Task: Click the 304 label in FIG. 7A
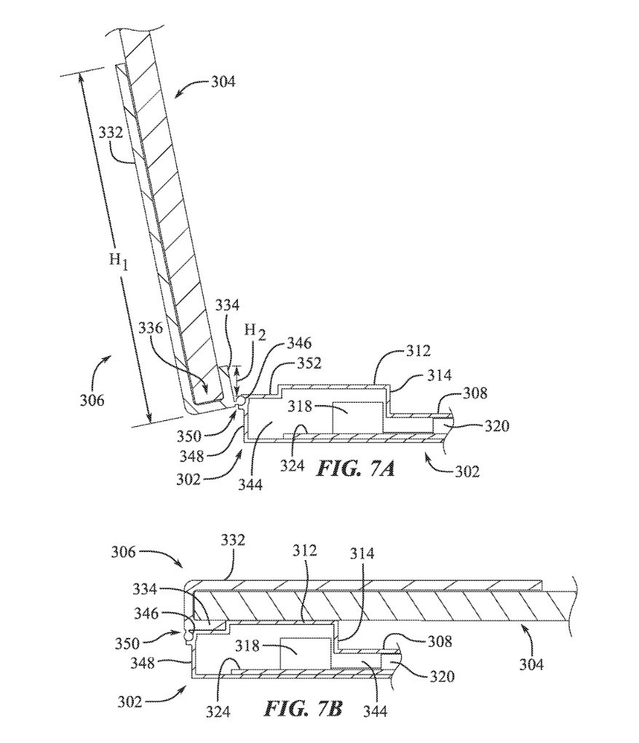[223, 82]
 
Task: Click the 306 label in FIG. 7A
[92, 400]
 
